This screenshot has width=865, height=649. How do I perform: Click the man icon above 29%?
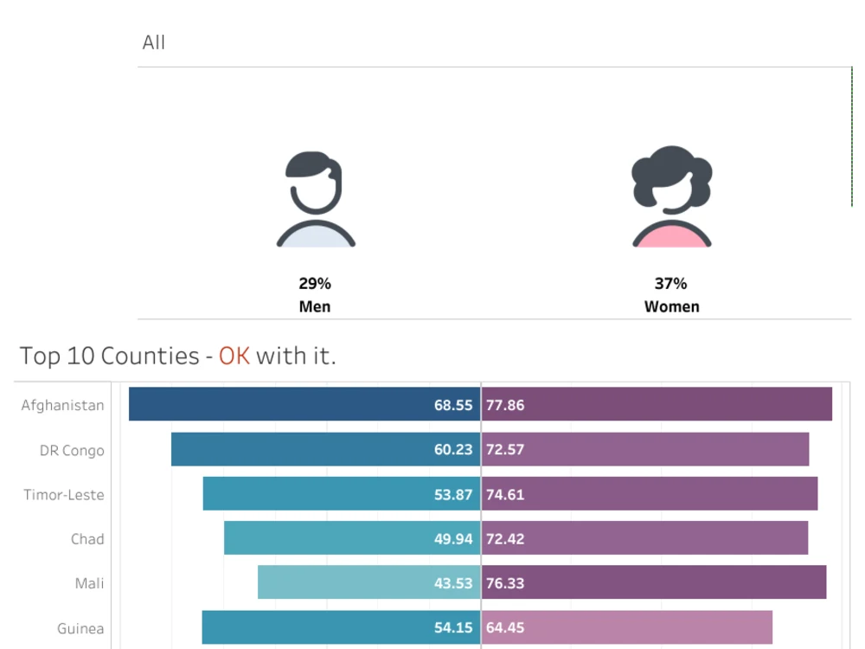(316, 200)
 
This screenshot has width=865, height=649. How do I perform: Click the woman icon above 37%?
(671, 197)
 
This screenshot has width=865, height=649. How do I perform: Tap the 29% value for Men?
(315, 283)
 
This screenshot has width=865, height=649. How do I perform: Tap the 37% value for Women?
(671, 283)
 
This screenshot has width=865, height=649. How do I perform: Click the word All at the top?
(154, 42)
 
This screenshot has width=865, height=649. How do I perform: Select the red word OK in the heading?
(234, 356)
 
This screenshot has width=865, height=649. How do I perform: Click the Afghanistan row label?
(62, 405)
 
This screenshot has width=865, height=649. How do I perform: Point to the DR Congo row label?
(72, 450)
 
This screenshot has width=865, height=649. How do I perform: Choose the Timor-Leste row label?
(64, 495)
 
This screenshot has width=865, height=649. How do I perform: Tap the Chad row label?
(87, 539)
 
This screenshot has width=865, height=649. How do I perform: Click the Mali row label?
(89, 583)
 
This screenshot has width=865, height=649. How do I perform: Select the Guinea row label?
(80, 628)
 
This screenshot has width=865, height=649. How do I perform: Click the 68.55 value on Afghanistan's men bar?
(453, 405)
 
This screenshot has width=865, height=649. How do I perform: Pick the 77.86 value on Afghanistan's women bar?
(505, 405)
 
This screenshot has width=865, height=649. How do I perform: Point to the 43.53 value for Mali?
(453, 583)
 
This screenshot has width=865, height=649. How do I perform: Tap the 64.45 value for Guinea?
(505, 627)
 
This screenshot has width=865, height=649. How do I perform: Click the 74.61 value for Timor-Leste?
(505, 494)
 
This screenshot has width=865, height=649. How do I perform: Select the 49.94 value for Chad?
(453, 538)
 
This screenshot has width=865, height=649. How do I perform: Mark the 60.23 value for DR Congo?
(453, 449)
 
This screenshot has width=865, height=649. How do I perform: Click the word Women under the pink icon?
(671, 306)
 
